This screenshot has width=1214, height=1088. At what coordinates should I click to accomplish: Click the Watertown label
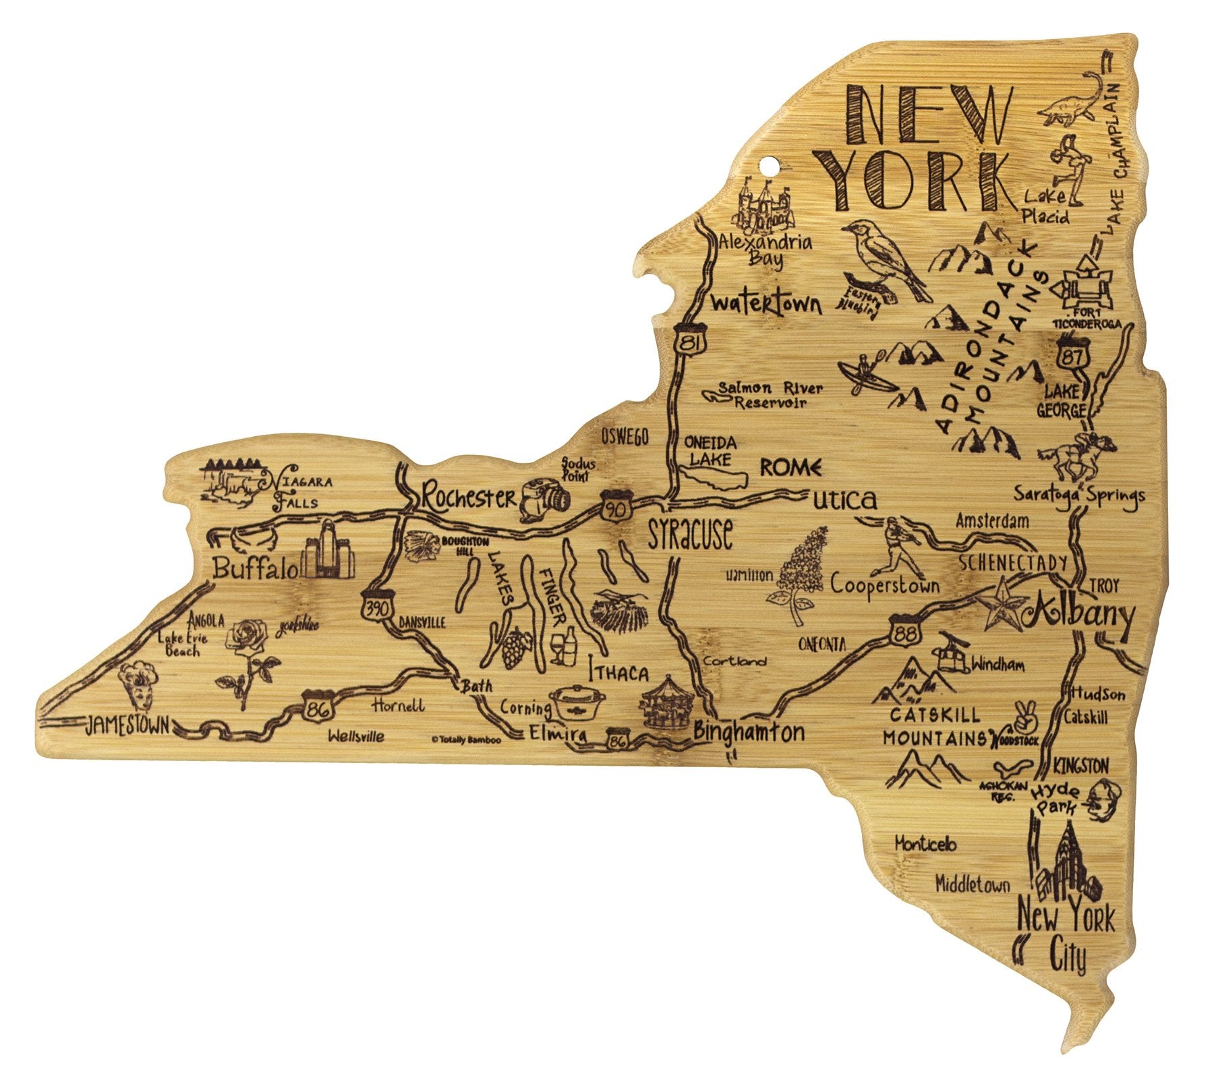pyautogui.click(x=766, y=303)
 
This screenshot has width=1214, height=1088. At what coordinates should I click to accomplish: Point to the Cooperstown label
pyautogui.click(x=884, y=584)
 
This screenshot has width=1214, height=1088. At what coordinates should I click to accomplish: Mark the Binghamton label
pyautogui.click(x=749, y=731)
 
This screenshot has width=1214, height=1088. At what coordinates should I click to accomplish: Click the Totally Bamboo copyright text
pyautogui.click(x=466, y=739)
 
